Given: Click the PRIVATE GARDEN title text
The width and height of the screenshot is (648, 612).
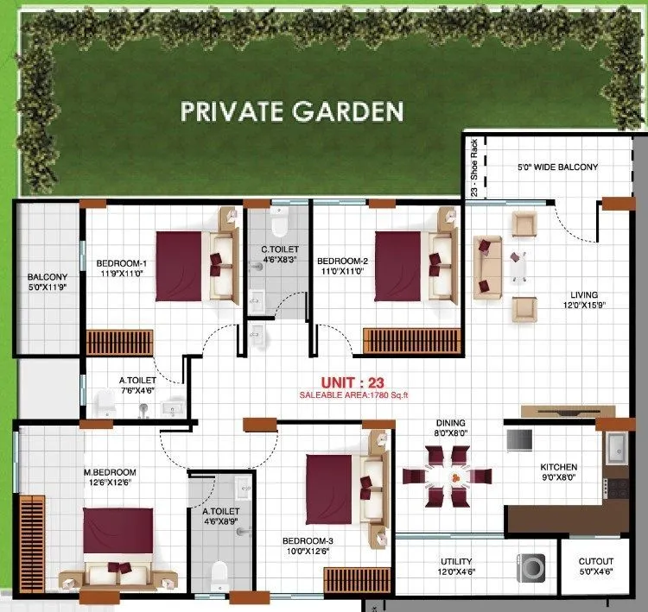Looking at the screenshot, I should tap(291, 111).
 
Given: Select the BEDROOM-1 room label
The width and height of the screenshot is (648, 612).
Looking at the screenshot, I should tap(122, 263).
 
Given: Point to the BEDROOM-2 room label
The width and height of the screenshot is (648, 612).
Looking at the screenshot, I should tap(343, 262).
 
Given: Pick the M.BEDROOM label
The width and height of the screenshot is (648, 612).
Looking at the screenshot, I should tap(110, 472).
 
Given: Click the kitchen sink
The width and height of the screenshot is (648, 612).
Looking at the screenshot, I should tap(618, 449).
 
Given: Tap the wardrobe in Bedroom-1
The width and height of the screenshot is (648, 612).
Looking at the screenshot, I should tap(119, 342).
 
